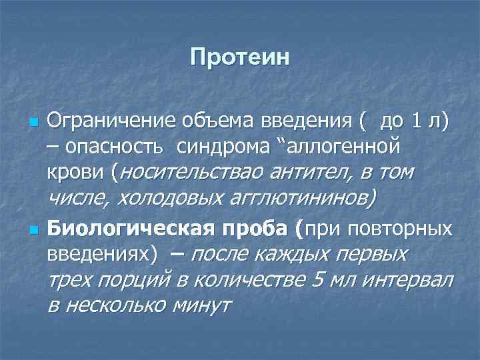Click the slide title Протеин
240,57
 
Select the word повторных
407,229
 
